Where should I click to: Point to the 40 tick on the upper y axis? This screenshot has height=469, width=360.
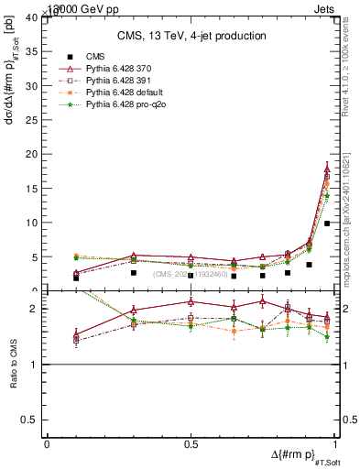pyautogui.click(x=33, y=17)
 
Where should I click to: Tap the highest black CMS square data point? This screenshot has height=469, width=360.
pyautogui.click(x=327, y=224)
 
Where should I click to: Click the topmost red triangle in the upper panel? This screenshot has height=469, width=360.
pyautogui.click(x=327, y=169)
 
